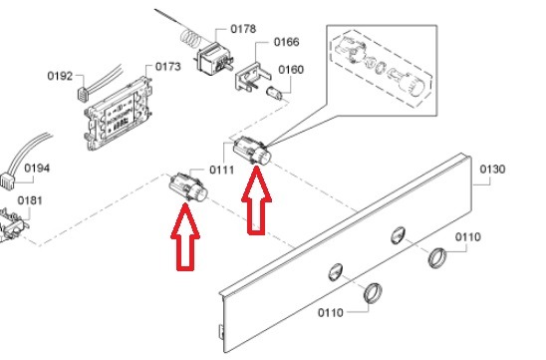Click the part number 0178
(243, 29)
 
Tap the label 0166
(286, 42)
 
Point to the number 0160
(291, 70)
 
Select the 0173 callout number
(167, 67)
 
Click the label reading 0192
(60, 76)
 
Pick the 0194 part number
(37, 169)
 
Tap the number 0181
(30, 200)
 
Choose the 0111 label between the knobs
(221, 171)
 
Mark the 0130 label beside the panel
(492, 170)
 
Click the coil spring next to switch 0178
(189, 38)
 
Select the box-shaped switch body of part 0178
(212, 59)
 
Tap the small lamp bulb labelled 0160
(274, 93)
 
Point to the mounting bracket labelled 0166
(251, 77)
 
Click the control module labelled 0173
(119, 114)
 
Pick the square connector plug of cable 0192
(83, 95)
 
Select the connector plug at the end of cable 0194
(8, 180)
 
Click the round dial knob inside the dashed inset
(413, 85)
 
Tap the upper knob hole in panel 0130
(398, 235)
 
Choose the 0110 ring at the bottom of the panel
(373, 293)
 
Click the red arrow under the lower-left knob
(185, 237)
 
